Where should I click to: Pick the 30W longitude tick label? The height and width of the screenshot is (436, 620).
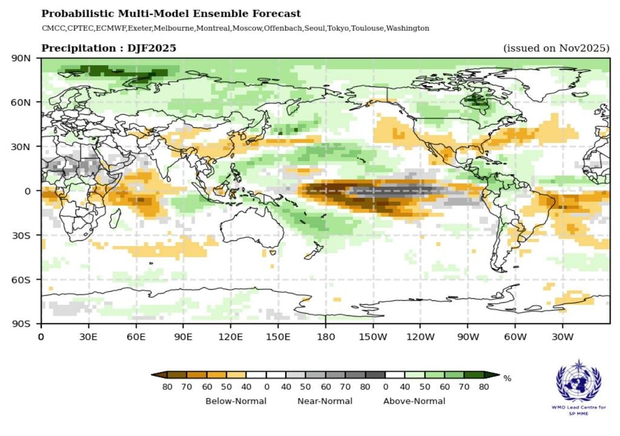point(562,336)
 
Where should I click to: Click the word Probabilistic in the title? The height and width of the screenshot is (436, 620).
point(72,14)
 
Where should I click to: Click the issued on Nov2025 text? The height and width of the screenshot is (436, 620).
point(556,48)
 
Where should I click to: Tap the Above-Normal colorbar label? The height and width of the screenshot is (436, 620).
point(414,401)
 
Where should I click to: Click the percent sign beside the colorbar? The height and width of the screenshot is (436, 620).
point(507,378)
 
